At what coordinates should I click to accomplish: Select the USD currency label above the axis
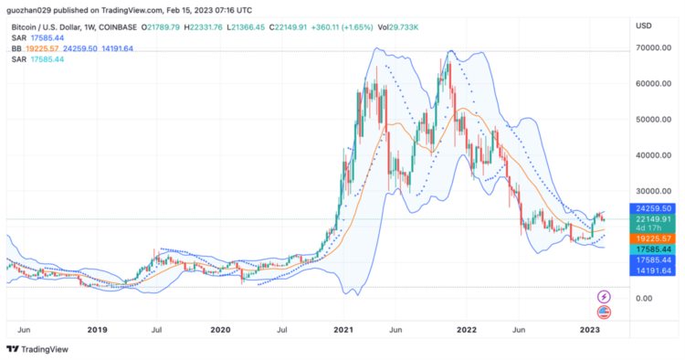pyautogui.click(x=643, y=25)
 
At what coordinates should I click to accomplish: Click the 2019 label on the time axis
pyautogui.click(x=97, y=328)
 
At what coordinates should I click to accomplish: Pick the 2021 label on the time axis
pyautogui.click(x=343, y=328)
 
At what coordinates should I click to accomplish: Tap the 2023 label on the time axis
pyautogui.click(x=590, y=328)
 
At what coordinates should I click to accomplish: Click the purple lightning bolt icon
pyautogui.click(x=603, y=297)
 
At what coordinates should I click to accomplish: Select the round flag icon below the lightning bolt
pyautogui.click(x=603, y=312)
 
